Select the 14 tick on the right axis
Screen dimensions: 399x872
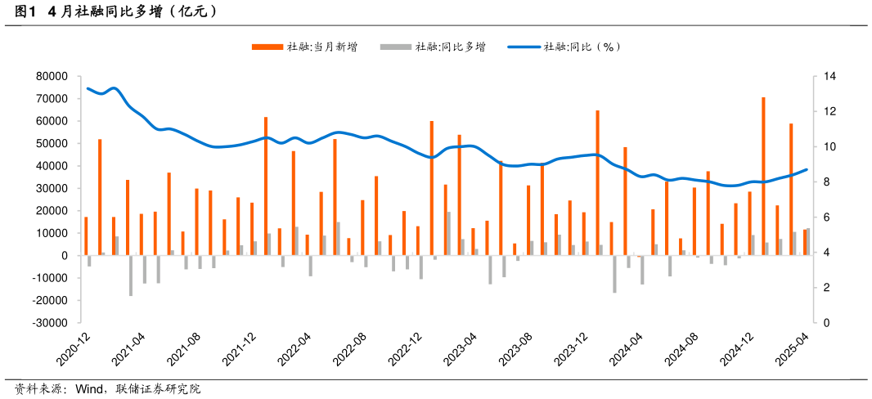829,76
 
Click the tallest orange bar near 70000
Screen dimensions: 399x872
763,176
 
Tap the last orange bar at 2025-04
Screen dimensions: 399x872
805,243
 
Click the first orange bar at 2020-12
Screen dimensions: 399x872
86,236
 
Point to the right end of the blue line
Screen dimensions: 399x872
807,170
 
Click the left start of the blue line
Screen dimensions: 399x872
88,88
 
